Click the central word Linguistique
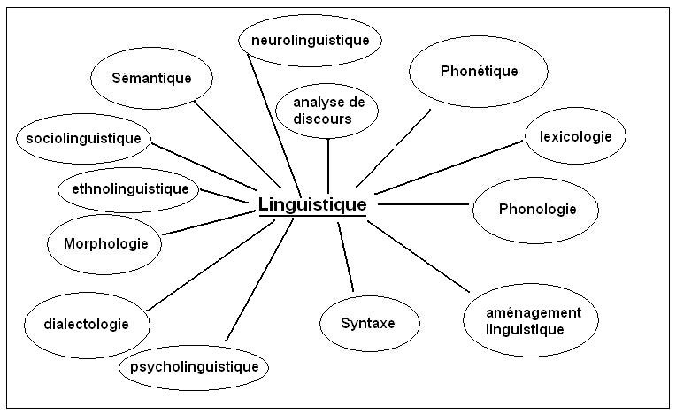point(311,204)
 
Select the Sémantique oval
point(152,78)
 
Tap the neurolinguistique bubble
point(310,40)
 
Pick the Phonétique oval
point(479,72)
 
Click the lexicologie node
point(575,136)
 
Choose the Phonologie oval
point(536,210)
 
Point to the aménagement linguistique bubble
point(529,320)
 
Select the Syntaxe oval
point(367,322)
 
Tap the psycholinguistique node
point(194,365)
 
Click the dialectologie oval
point(85,324)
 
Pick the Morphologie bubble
point(105,243)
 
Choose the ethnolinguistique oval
point(129,188)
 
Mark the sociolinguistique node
point(84,138)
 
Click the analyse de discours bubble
point(327,111)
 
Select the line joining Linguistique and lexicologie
point(447,166)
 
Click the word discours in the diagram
point(325,119)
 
